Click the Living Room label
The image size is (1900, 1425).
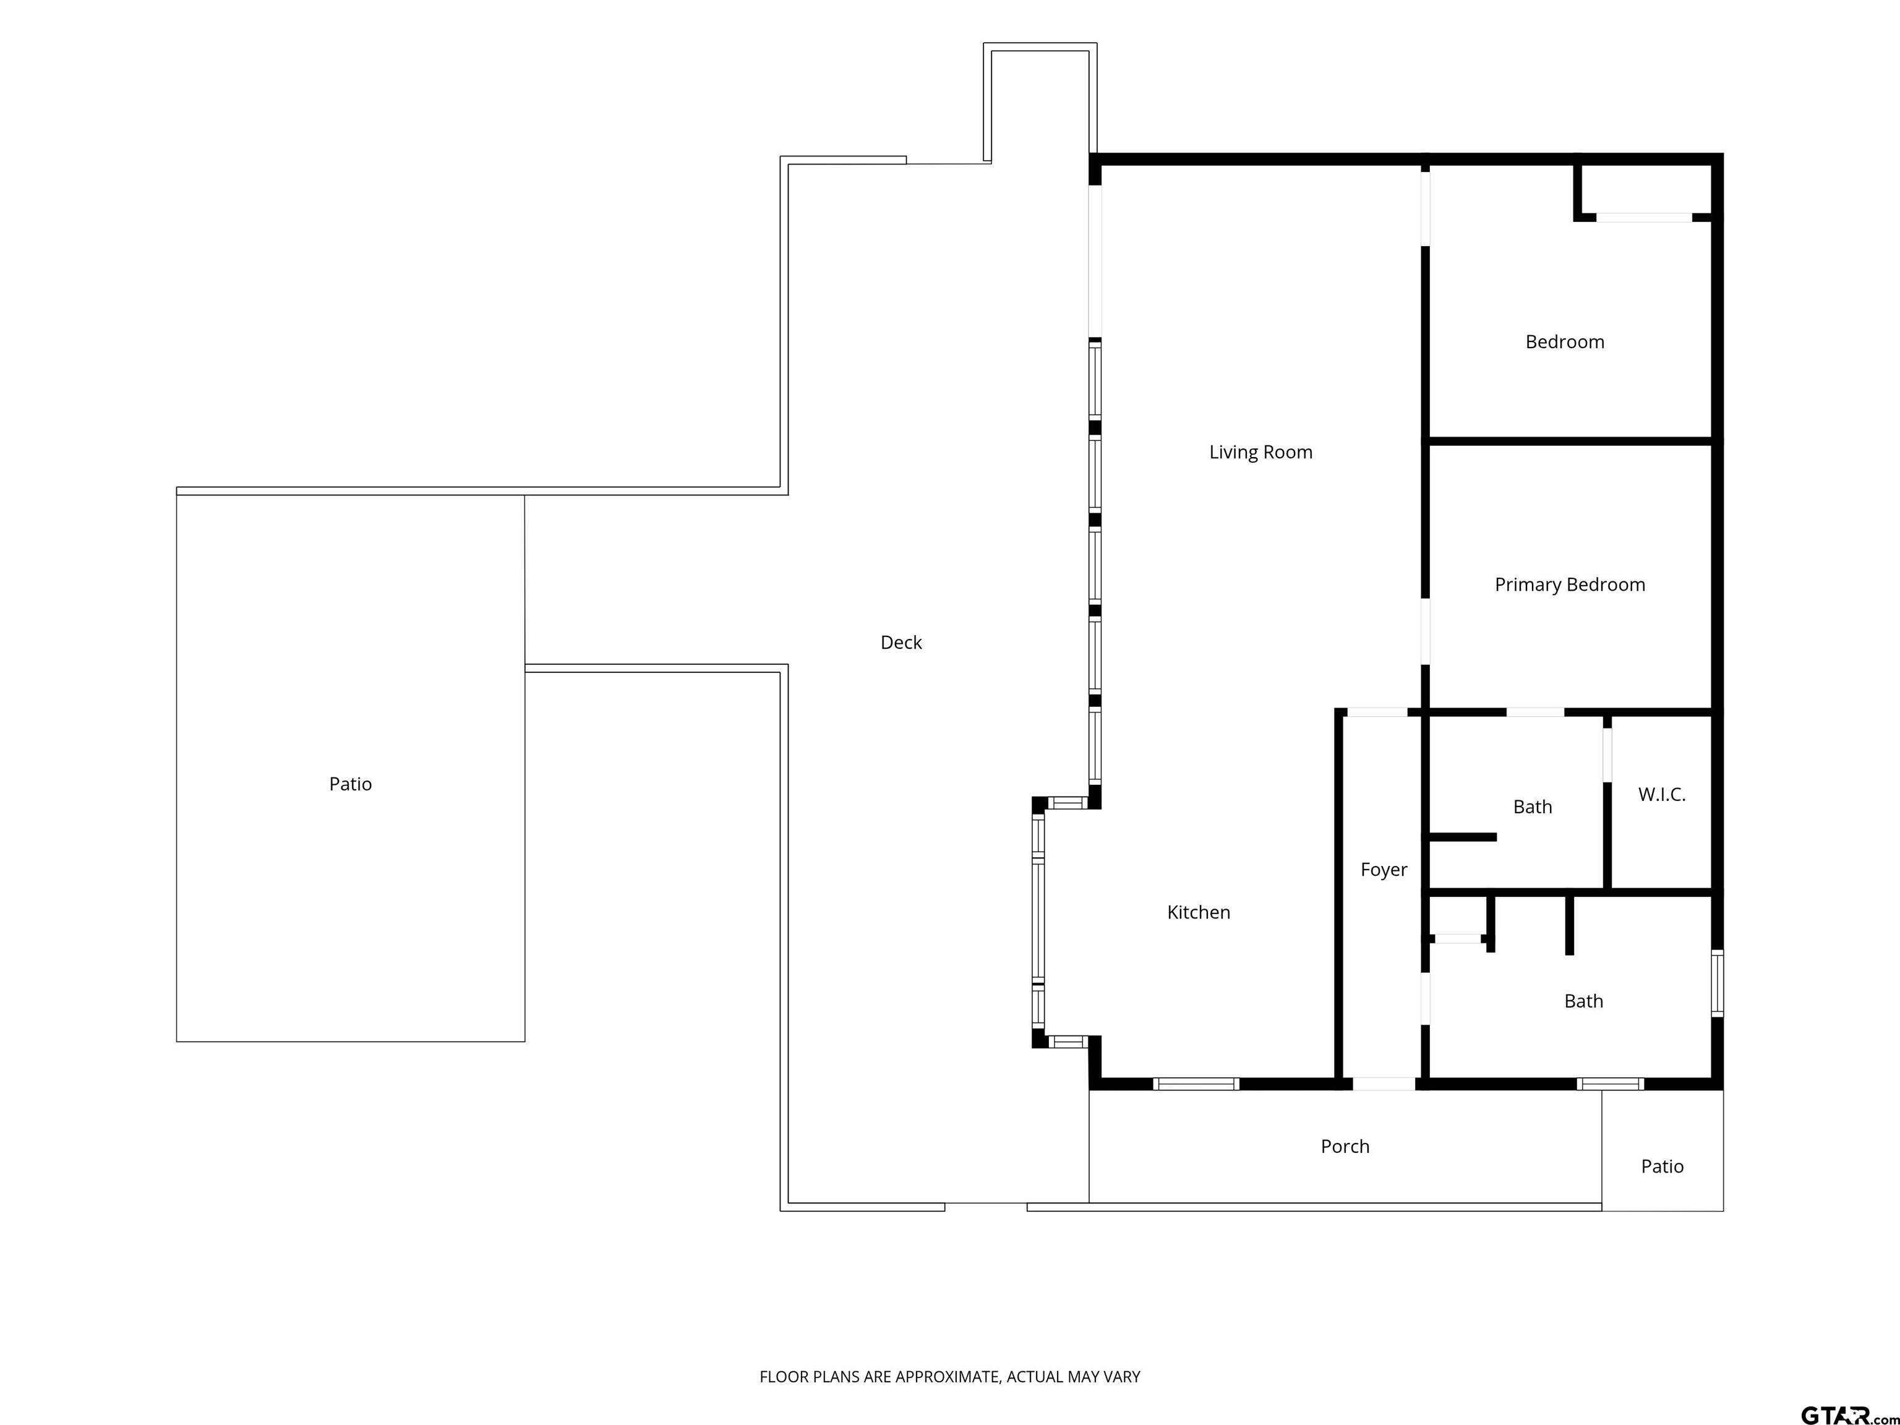[1260, 452]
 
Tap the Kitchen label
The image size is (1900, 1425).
[1198, 912]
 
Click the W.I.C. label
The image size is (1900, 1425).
[1661, 795]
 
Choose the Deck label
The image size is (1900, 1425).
[901, 643]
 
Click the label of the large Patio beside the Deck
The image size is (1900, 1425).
[351, 784]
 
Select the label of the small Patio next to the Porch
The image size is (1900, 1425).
[1662, 1166]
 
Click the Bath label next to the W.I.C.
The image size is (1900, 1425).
[1533, 807]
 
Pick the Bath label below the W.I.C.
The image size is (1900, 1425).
[1583, 1001]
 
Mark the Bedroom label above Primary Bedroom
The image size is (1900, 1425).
[1564, 342]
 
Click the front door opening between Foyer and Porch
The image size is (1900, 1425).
[1384, 1084]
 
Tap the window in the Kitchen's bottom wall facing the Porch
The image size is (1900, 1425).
[1196, 1084]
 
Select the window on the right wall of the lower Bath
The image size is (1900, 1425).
[1717, 983]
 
